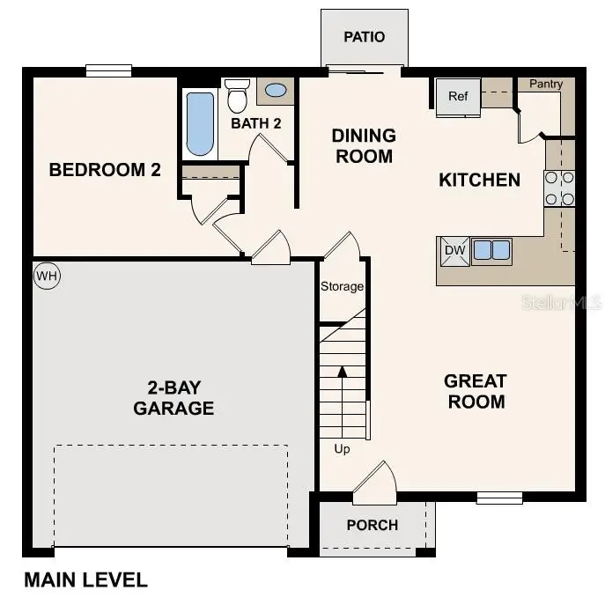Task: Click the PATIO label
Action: (x=364, y=37)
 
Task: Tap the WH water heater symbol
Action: (x=46, y=276)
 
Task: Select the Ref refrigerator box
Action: (x=458, y=97)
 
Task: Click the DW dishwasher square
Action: (x=454, y=251)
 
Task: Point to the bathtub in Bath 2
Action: (x=200, y=124)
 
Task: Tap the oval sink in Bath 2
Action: (x=276, y=90)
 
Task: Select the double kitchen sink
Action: (x=491, y=250)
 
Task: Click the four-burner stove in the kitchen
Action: (x=559, y=188)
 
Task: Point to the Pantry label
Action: (x=546, y=85)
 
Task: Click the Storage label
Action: (x=342, y=286)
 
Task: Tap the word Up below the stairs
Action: (x=342, y=449)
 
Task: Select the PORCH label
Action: (x=372, y=525)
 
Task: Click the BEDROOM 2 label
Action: (x=105, y=170)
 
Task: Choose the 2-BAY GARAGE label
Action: (x=173, y=397)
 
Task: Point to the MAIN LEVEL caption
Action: (x=85, y=580)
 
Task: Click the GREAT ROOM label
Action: (x=475, y=392)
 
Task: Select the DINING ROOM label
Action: (x=363, y=146)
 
